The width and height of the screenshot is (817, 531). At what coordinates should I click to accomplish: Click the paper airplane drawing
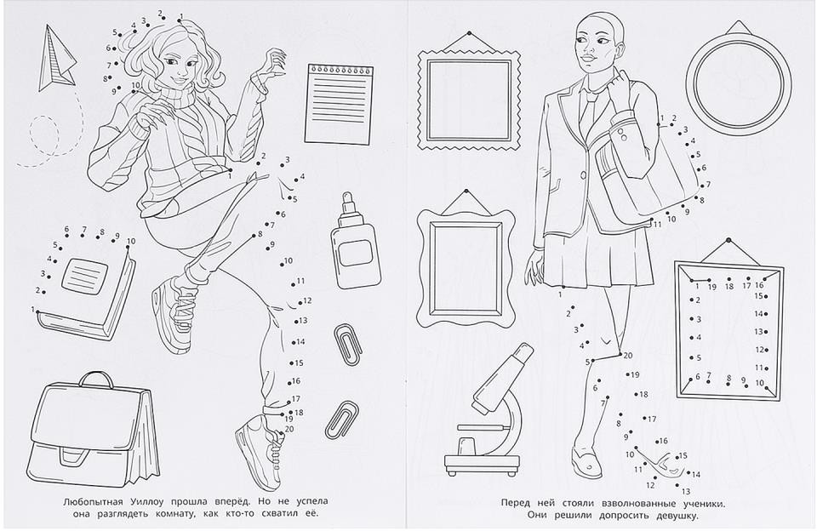click(56, 60)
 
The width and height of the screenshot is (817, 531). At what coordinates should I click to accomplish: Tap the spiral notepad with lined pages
click(340, 104)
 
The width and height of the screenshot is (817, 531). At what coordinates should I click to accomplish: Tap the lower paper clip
click(340, 420)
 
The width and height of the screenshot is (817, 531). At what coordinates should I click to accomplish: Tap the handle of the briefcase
click(96, 379)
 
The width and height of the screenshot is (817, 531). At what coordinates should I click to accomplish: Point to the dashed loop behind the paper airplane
click(44, 134)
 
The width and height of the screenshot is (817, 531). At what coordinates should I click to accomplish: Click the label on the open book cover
click(85, 274)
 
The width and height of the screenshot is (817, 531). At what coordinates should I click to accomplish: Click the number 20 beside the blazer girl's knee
click(627, 356)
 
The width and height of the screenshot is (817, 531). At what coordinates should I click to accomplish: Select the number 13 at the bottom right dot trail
click(686, 491)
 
